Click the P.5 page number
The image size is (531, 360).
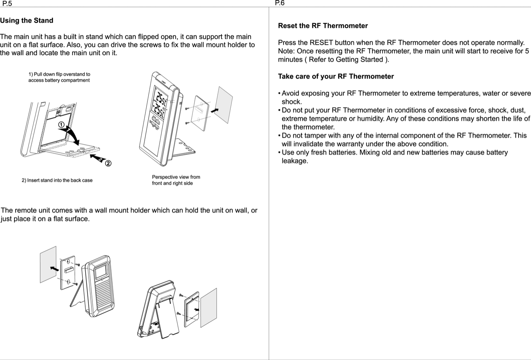pyautogui.click(x=7, y=4)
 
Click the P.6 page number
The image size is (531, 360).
pyautogui.click(x=280, y=3)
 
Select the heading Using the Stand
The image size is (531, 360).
pyautogui.click(x=27, y=20)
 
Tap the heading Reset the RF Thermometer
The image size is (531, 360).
pyautogui.click(x=323, y=26)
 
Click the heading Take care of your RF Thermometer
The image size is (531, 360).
pyautogui.click(x=335, y=76)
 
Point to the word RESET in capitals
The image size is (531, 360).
pyautogui.click(x=321, y=43)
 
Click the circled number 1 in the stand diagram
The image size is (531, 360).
pyautogui.click(x=61, y=124)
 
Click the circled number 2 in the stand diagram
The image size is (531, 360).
pyautogui.click(x=108, y=163)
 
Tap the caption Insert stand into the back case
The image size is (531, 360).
pyautogui.click(x=57, y=180)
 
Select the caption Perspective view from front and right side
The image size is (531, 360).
pyautogui.click(x=176, y=180)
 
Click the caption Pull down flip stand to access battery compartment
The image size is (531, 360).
pyautogui.click(x=59, y=77)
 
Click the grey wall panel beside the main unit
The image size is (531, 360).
pyautogui.click(x=225, y=104)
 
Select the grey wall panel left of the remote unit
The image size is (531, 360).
pyautogui.click(x=48, y=264)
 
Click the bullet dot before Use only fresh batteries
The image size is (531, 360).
pyautogui.click(x=279, y=153)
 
